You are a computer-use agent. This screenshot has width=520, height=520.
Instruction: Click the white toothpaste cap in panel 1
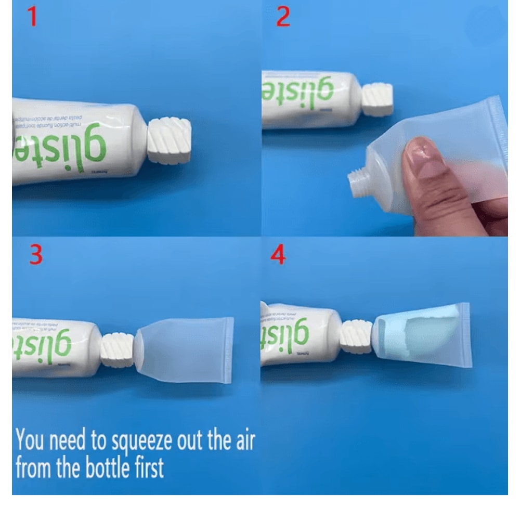point(170,140)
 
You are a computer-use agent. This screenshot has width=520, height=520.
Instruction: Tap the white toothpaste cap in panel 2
point(377,99)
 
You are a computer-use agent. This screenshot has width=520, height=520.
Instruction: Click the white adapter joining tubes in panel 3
point(118,350)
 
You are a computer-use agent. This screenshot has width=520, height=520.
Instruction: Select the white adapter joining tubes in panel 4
point(356,336)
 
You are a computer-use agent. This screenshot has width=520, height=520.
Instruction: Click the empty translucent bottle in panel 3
point(185,349)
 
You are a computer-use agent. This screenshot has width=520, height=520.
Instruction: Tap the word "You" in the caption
point(31,441)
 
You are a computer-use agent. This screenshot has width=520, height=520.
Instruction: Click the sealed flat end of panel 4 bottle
point(464,335)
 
